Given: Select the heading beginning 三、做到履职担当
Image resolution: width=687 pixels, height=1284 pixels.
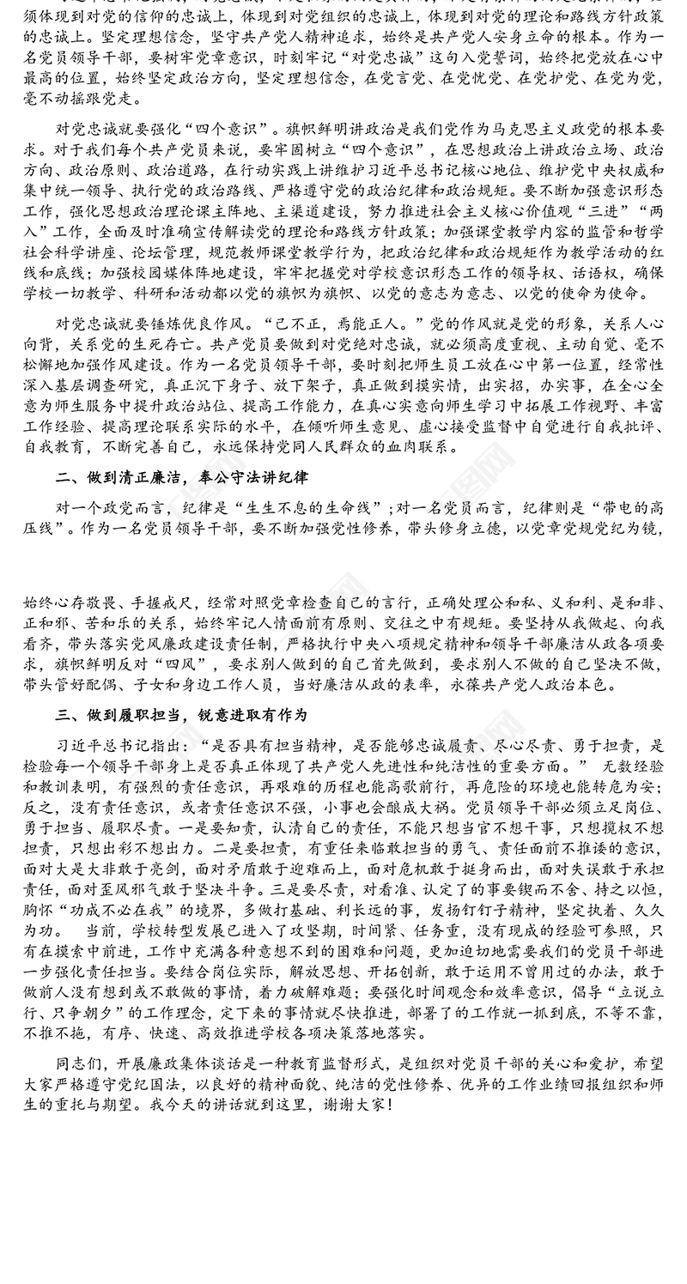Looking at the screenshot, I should click(x=180, y=714).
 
